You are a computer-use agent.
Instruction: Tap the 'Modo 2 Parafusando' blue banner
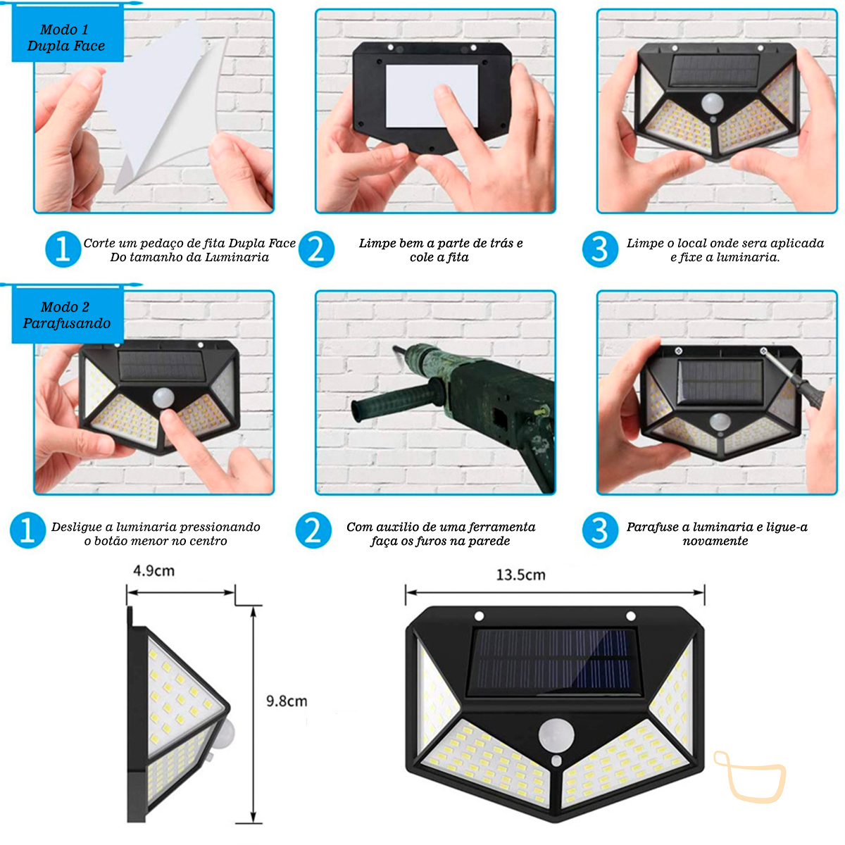(x=67, y=314)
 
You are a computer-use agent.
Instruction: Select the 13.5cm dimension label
(x=520, y=575)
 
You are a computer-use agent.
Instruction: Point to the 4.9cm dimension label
(x=154, y=571)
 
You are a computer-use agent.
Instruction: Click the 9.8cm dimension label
(x=287, y=701)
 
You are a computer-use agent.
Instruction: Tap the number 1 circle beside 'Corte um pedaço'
(x=63, y=249)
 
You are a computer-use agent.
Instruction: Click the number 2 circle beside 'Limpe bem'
(x=316, y=249)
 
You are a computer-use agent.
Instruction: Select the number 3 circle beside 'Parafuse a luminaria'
(x=600, y=530)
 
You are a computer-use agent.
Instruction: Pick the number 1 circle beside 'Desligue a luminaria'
(x=27, y=530)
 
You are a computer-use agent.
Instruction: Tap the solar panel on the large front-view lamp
(x=553, y=664)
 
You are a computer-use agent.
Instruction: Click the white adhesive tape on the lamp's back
(x=432, y=96)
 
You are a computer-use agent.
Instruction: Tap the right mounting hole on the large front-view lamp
(x=630, y=616)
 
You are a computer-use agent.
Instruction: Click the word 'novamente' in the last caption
(x=715, y=541)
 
